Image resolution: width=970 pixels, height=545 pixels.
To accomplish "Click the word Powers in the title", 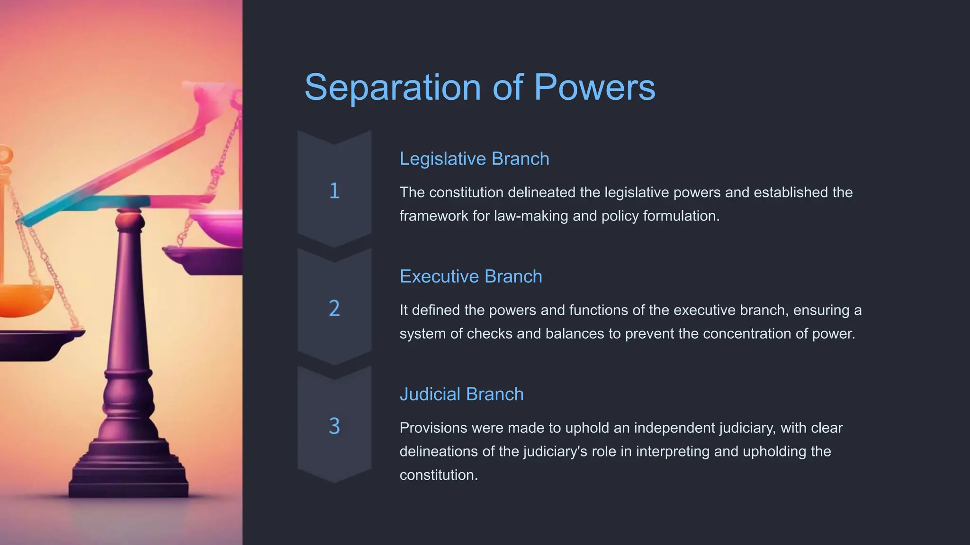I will click(594, 88).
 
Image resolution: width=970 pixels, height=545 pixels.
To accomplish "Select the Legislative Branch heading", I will click(474, 159).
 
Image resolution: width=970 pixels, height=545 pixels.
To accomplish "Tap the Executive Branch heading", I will click(471, 277).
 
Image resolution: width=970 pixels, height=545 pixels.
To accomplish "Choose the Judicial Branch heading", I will click(461, 395).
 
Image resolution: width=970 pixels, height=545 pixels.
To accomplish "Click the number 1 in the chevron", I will click(334, 191).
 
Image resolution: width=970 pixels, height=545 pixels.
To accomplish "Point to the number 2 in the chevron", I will click(334, 309).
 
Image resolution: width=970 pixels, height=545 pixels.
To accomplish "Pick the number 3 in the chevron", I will click(334, 426).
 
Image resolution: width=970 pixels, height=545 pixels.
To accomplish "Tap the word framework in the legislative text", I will click(433, 216).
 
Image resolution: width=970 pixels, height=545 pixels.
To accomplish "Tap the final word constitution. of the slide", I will click(439, 475).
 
